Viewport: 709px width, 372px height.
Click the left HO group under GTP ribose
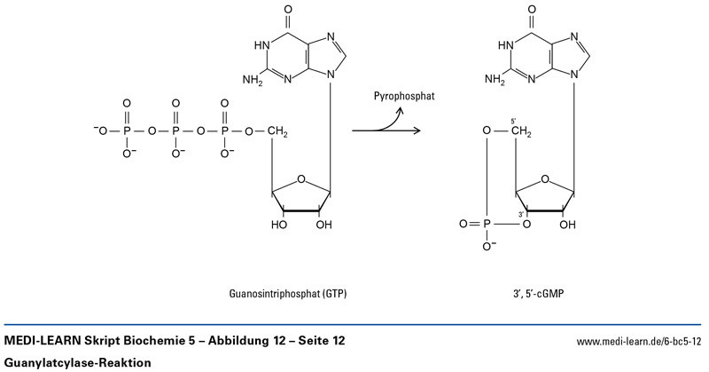tap(279, 225)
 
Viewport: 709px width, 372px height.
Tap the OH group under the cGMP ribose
tap(569, 225)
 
